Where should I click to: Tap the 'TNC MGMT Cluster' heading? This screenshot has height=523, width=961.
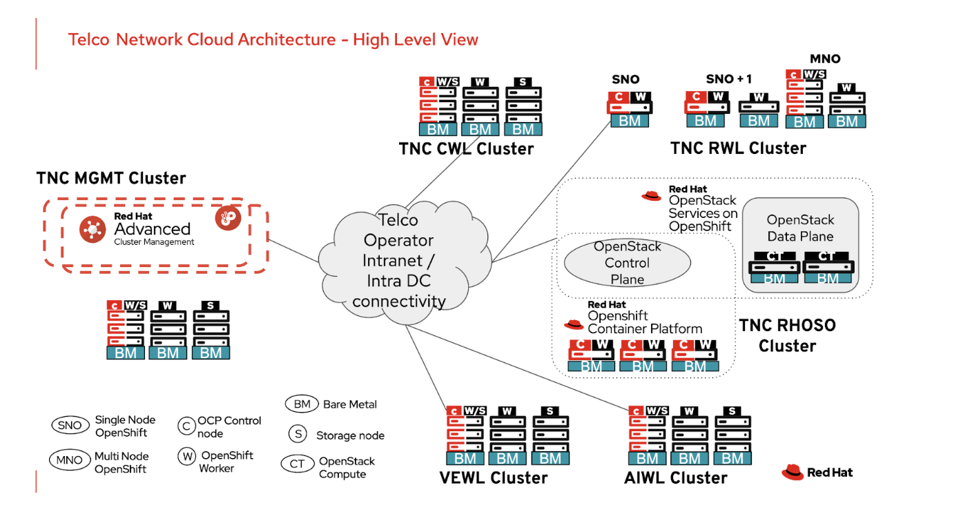tap(110, 178)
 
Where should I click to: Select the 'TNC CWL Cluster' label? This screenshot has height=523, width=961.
tap(466, 148)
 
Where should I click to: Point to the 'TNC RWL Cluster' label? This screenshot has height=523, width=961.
tap(738, 148)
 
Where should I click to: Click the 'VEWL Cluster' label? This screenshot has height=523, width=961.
tap(493, 477)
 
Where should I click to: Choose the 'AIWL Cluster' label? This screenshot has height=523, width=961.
tap(676, 477)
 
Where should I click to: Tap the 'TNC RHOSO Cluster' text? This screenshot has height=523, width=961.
tap(787, 335)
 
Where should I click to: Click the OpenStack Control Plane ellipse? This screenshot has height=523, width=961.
tap(627, 263)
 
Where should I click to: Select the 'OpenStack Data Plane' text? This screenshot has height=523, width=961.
tap(800, 228)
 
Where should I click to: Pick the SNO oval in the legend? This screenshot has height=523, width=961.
tap(70, 426)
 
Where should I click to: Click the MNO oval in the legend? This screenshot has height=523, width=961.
tap(70, 460)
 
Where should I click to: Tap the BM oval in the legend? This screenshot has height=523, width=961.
tap(301, 404)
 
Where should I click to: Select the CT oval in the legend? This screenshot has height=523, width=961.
tap(297, 464)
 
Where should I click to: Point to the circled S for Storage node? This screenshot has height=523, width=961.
tap(298, 435)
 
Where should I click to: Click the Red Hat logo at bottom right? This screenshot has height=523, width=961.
tap(817, 472)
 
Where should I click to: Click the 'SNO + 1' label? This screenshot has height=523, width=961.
tap(728, 79)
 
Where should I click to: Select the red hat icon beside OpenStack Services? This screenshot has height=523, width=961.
tap(651, 195)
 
